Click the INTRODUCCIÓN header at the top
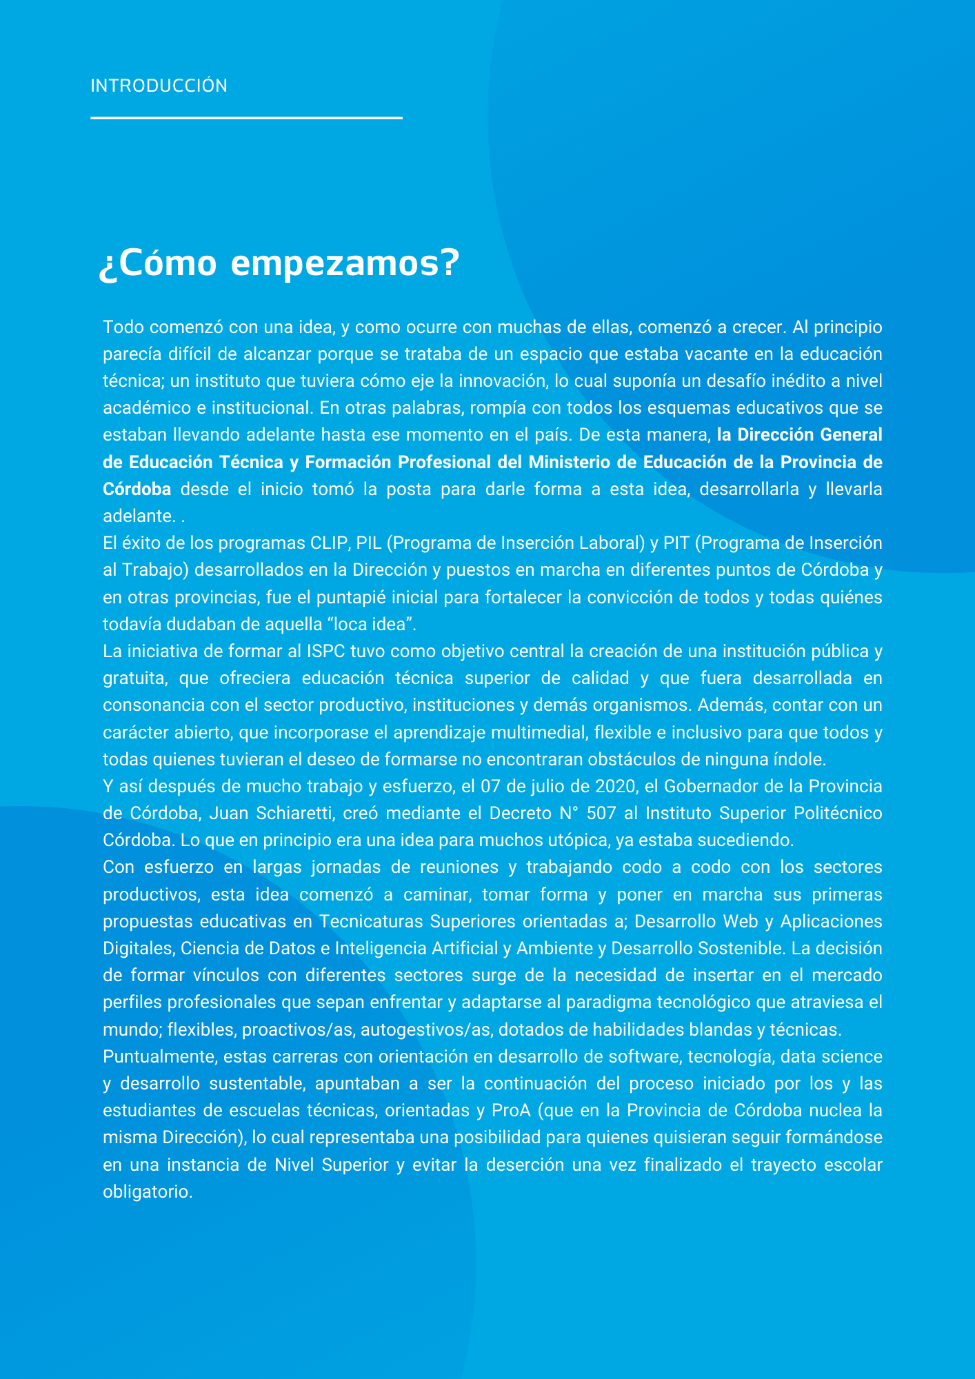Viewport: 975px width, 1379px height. point(159,85)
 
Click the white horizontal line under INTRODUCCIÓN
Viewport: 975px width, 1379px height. point(246,118)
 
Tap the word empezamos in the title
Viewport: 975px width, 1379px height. point(345,264)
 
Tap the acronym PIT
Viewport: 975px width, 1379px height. point(676,543)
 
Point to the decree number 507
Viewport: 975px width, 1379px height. point(601,814)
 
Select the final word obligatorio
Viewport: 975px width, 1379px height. point(148,1192)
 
